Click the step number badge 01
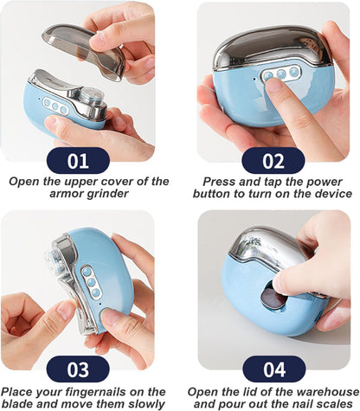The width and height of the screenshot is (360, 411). [x=78, y=161]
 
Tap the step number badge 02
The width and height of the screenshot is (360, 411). [x=273, y=161]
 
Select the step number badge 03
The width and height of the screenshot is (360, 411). [x=78, y=369]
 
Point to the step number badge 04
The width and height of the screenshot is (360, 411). [x=274, y=369]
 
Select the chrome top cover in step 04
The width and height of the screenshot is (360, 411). [x=267, y=248]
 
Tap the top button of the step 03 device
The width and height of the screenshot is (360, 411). [x=86, y=272]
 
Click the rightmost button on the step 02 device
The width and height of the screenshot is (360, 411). [x=293, y=71]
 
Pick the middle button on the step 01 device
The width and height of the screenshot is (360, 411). [x=55, y=106]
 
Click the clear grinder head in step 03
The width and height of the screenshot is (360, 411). [x=53, y=260]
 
